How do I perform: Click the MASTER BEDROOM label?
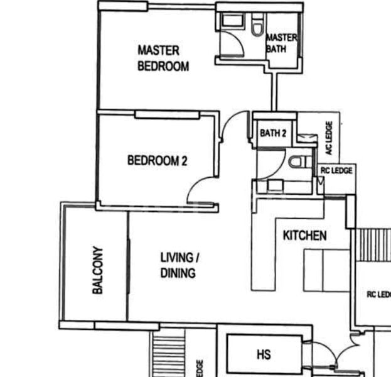pyautogui.click(x=163, y=58)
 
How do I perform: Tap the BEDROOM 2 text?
pyautogui.click(x=158, y=161)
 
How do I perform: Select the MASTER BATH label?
pyautogui.click(x=281, y=43)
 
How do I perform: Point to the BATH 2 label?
pyautogui.click(x=273, y=133)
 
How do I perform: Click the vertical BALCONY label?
pyautogui.click(x=97, y=270)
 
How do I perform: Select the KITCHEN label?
pyautogui.click(x=304, y=236)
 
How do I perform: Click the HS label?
pyautogui.click(x=264, y=355)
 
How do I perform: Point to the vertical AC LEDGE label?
pyautogui.click(x=328, y=138)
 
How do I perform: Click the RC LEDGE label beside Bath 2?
pyautogui.click(x=336, y=170)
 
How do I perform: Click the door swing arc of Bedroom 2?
pyautogui.click(x=200, y=188)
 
